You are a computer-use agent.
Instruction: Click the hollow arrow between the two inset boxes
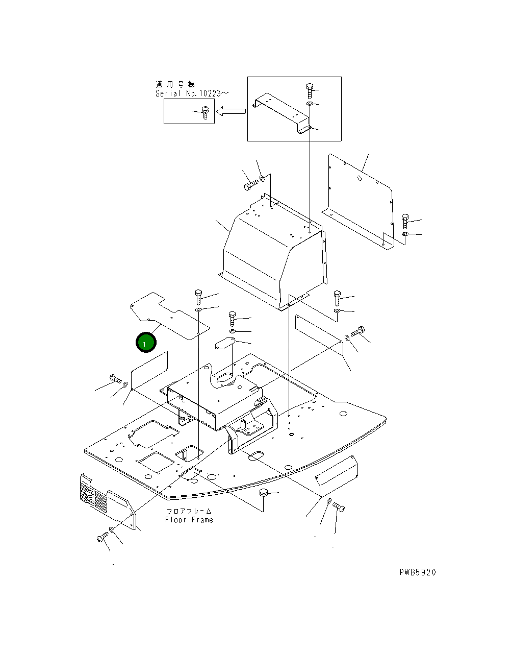coord(231,111)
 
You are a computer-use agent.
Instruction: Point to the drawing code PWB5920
coord(418,572)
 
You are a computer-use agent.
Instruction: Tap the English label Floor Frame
coord(189,520)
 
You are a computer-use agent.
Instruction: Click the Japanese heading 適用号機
coord(175,84)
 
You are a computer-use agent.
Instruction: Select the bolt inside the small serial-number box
coord(206,112)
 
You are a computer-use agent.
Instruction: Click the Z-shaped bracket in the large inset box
coord(282,112)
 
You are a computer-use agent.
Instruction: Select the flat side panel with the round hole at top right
coord(360,199)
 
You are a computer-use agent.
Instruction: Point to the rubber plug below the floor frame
coord(264,493)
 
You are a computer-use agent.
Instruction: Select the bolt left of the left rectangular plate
coord(115,378)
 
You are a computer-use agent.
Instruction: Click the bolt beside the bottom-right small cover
coord(339,507)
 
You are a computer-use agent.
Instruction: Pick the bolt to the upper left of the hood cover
coord(250,185)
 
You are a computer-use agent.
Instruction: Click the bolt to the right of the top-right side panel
coord(405,221)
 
